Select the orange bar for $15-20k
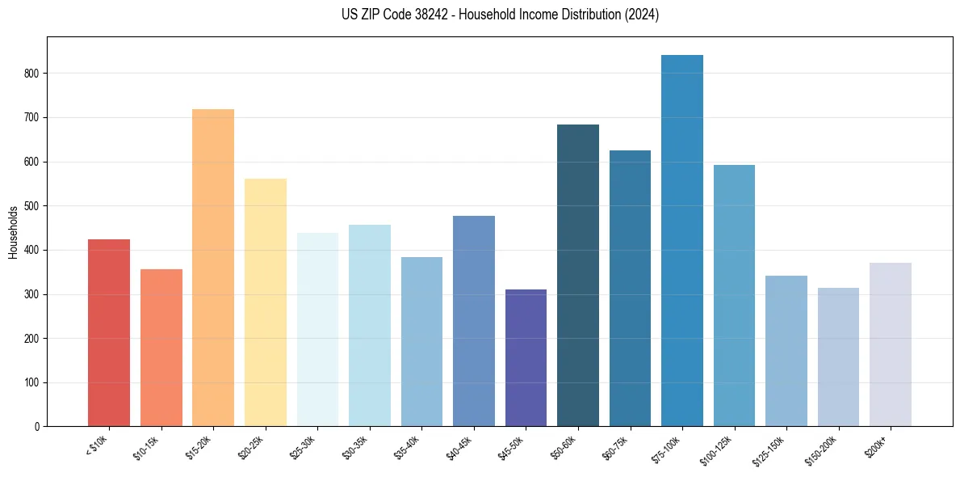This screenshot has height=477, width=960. coord(213,268)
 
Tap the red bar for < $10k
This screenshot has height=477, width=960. coord(109,332)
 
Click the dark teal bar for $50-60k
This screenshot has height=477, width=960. coord(578,275)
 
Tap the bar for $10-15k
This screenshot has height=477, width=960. coord(161,348)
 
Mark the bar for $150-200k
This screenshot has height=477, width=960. coord(838,357)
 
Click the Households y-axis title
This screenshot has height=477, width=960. coord(13,232)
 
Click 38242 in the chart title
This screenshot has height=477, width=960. coord(447,15)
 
